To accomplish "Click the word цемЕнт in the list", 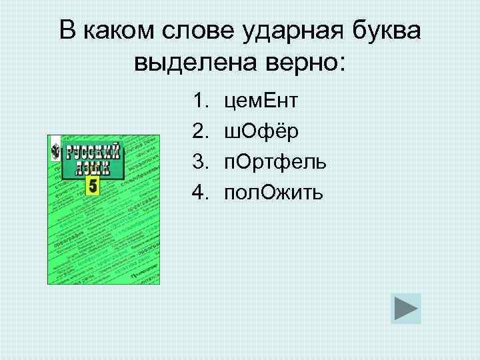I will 261,102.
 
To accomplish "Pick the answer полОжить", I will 274,193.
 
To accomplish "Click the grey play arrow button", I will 406,309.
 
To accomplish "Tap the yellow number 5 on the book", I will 92,186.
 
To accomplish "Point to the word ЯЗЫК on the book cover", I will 93,169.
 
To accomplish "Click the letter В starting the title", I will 67,31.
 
